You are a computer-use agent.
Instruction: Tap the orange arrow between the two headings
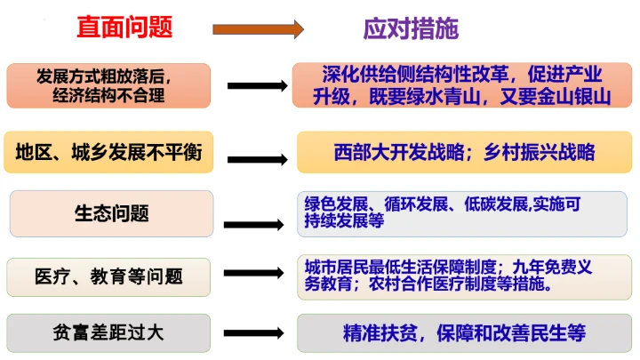(x=258, y=30)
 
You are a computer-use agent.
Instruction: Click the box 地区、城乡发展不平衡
(x=108, y=153)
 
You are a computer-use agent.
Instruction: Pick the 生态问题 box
(x=111, y=213)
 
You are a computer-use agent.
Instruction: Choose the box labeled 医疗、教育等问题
(x=108, y=276)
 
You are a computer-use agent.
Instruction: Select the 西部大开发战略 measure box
(x=463, y=152)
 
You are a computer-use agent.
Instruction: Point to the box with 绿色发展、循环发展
(x=463, y=213)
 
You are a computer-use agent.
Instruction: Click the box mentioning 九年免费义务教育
(x=463, y=276)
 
